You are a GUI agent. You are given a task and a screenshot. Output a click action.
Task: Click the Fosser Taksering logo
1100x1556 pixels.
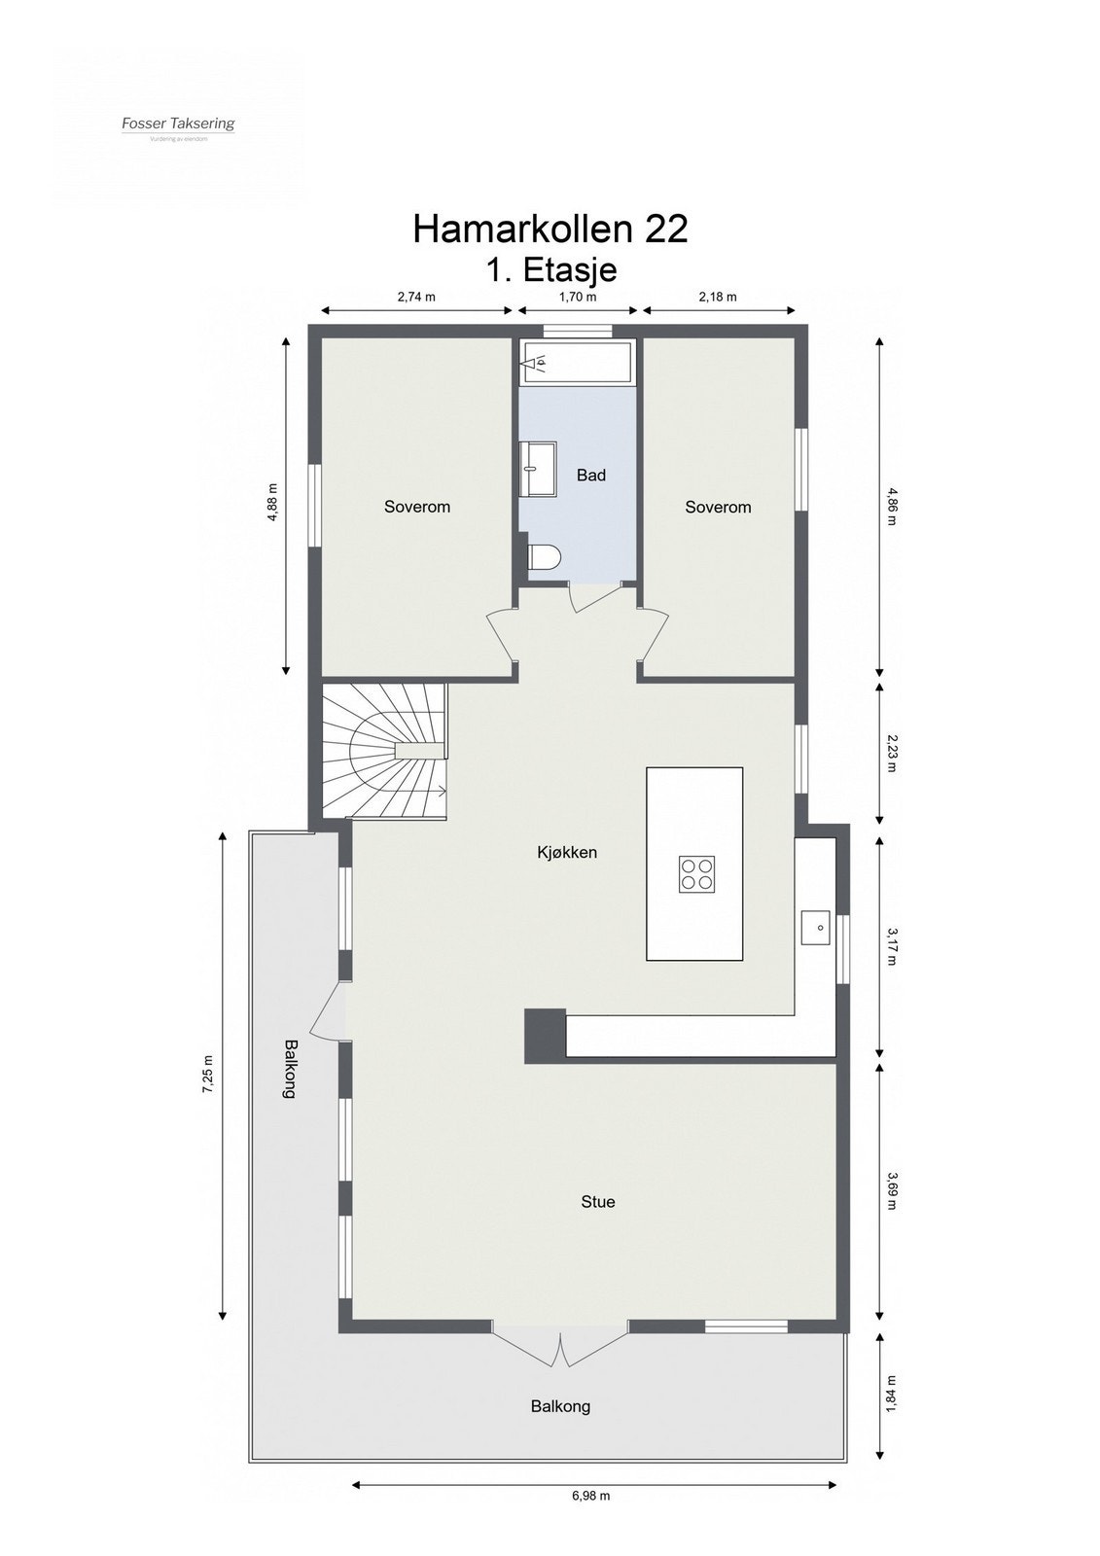[x=178, y=124]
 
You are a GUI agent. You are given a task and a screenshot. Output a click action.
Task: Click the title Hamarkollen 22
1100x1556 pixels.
[x=550, y=229]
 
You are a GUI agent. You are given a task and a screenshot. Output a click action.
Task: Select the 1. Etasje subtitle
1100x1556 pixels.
[x=550, y=268]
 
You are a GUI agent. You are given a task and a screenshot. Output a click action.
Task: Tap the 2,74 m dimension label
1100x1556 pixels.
[x=416, y=297]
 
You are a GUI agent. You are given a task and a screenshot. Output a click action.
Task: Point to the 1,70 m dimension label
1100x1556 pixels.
[x=578, y=297]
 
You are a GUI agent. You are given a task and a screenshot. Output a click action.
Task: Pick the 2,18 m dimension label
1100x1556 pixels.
[x=718, y=297]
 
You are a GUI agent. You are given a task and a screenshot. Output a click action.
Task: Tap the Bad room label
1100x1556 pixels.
[x=591, y=475]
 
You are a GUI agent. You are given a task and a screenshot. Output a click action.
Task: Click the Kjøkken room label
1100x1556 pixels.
[x=567, y=852]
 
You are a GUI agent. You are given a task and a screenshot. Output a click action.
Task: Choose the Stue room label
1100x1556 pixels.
[x=598, y=1201]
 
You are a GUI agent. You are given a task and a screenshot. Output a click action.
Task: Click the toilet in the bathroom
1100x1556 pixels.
[x=543, y=558]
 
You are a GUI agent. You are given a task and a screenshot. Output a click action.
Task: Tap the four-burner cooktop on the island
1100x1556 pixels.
[x=696, y=872]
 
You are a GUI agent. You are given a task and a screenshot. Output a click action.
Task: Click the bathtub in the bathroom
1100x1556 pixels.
[x=577, y=364]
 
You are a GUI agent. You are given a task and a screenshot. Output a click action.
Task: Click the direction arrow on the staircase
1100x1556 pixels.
[x=439, y=789]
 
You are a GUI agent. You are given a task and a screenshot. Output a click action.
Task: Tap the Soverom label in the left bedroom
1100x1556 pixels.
[x=417, y=507]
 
